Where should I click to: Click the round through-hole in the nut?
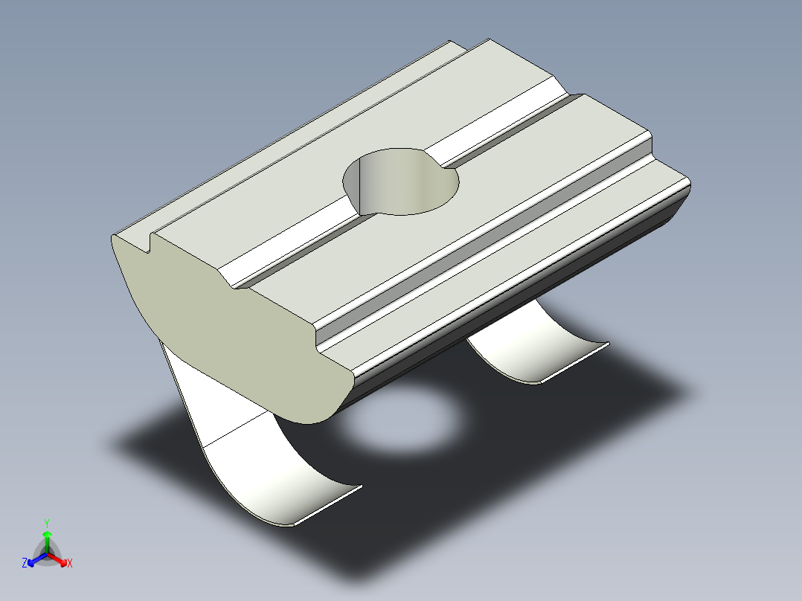400,181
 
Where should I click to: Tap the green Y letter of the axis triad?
47,522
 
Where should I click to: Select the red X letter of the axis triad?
70,563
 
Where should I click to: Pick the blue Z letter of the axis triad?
25,563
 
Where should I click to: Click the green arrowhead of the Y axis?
47,535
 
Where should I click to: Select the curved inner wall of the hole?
387,182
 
